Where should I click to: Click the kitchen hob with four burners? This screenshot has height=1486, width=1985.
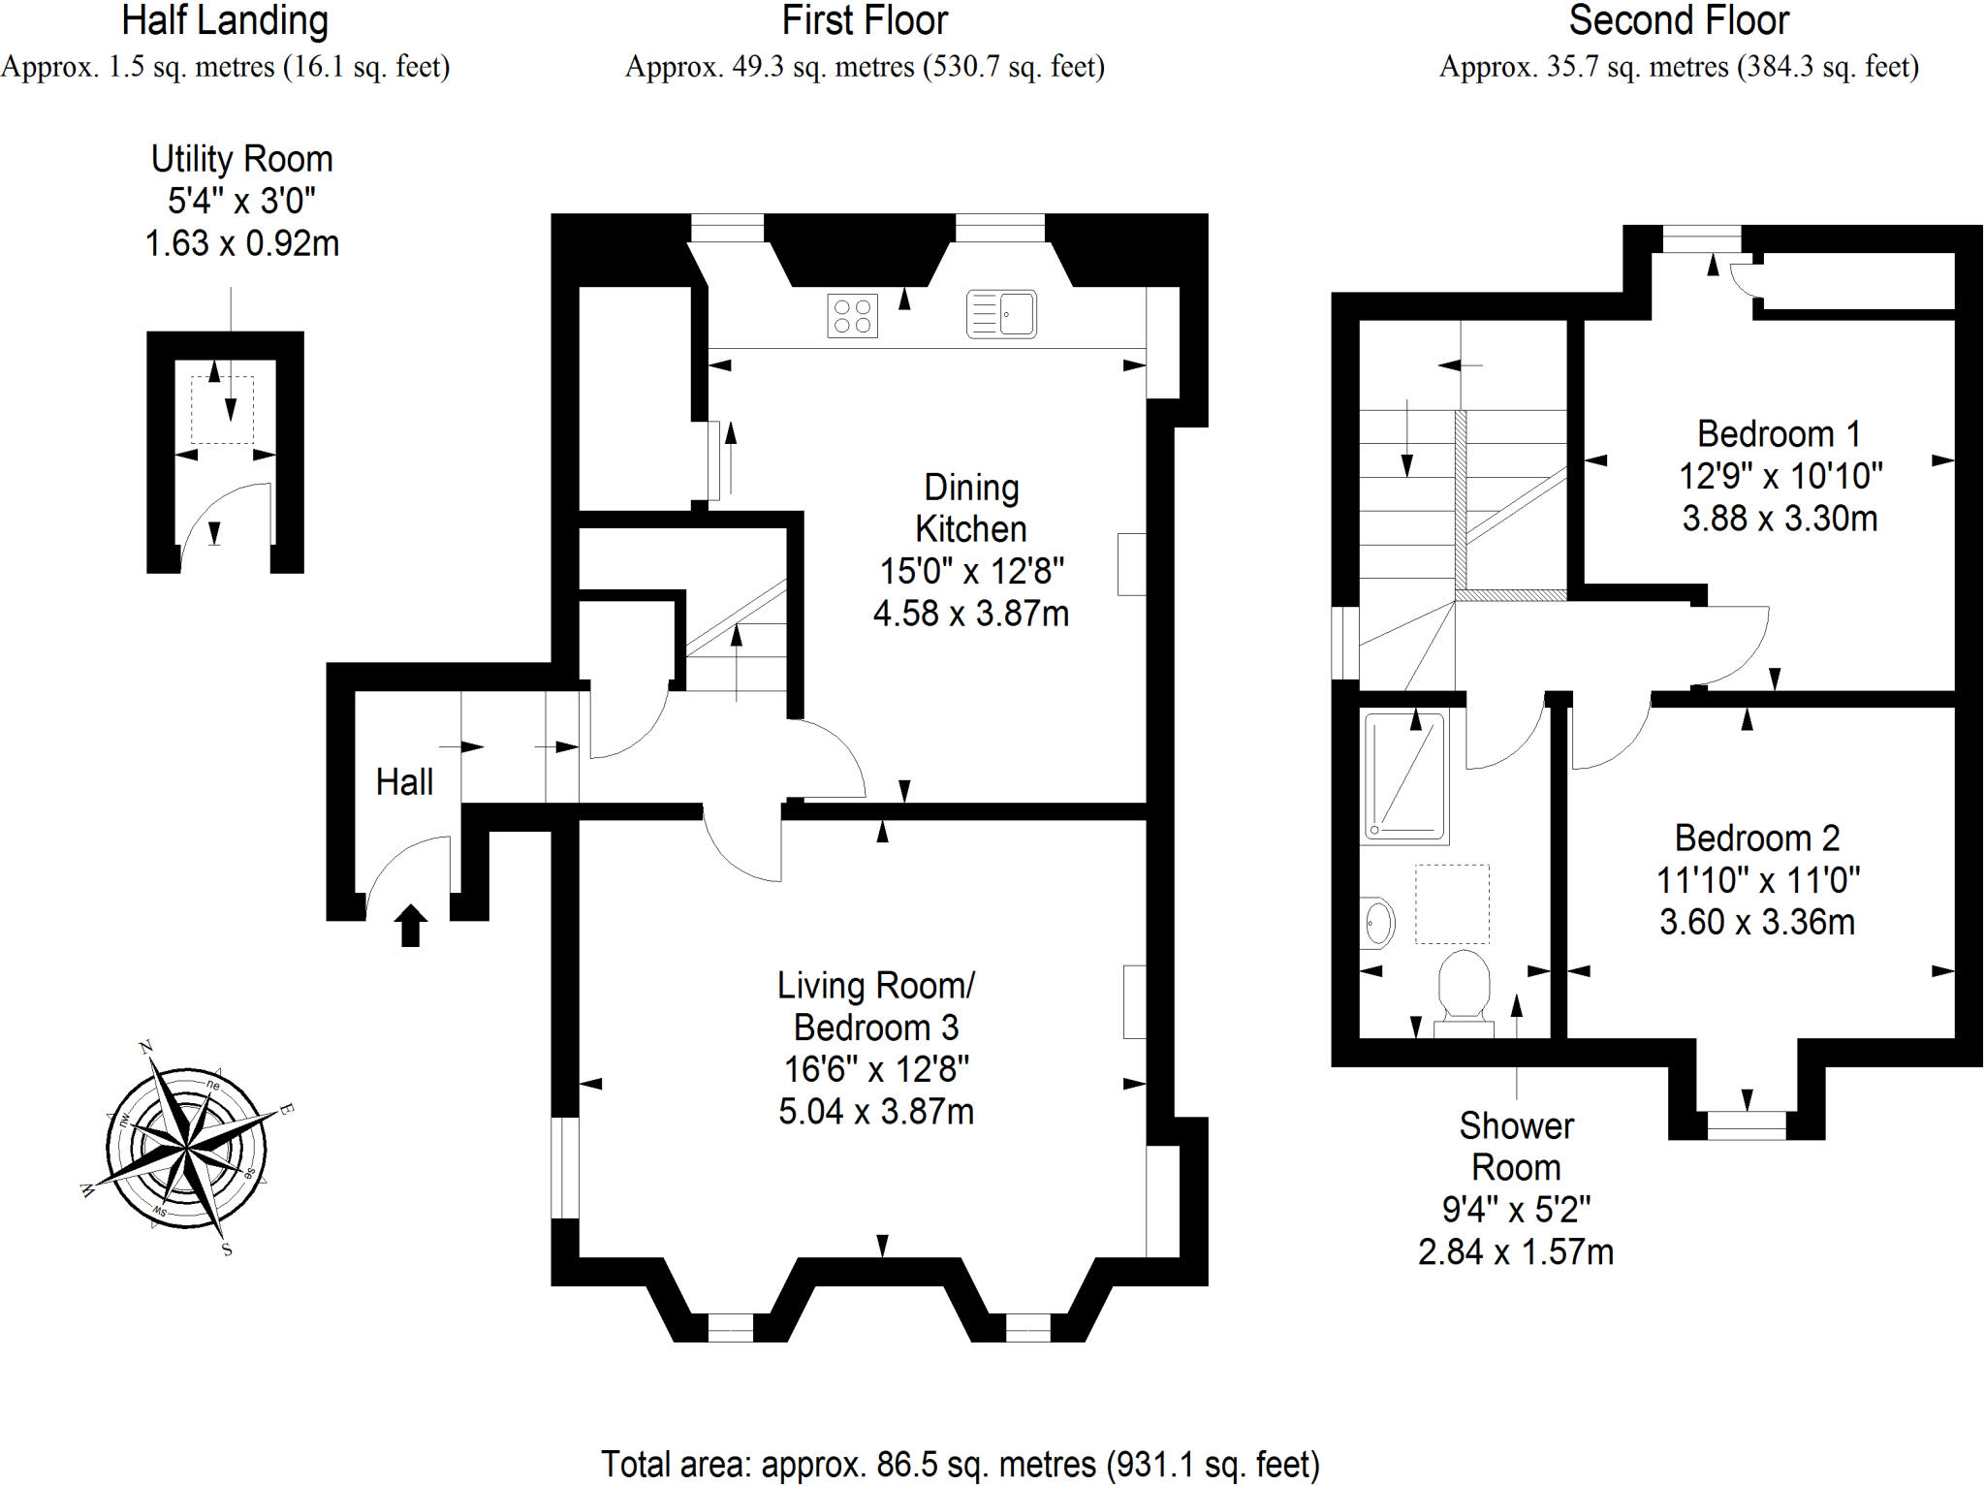(x=852, y=315)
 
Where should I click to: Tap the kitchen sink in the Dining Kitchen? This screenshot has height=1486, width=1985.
(x=1001, y=314)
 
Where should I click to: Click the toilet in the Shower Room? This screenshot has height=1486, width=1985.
(x=1464, y=994)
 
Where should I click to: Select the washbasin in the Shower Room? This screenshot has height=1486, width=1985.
(x=1377, y=923)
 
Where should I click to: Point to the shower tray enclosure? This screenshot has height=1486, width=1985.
(x=1404, y=776)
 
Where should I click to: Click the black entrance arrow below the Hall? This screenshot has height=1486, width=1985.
(x=410, y=925)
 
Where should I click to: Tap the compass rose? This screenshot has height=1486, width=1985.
(x=186, y=1149)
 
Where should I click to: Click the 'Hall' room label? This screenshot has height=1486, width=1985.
(x=404, y=782)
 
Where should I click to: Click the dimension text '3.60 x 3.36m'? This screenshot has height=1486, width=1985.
(x=1757, y=922)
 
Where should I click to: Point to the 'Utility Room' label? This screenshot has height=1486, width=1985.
(x=241, y=159)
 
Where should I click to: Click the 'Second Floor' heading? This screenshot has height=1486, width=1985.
(x=1679, y=20)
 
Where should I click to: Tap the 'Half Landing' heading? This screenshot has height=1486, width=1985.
(x=225, y=21)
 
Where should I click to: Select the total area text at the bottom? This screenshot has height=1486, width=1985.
(x=961, y=1464)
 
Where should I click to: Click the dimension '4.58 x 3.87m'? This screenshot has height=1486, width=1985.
(x=971, y=614)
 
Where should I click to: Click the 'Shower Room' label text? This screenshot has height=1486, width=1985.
(x=1516, y=1147)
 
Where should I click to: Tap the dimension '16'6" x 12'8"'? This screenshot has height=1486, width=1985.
(x=876, y=1069)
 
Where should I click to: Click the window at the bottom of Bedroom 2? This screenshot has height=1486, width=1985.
(x=1747, y=1125)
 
